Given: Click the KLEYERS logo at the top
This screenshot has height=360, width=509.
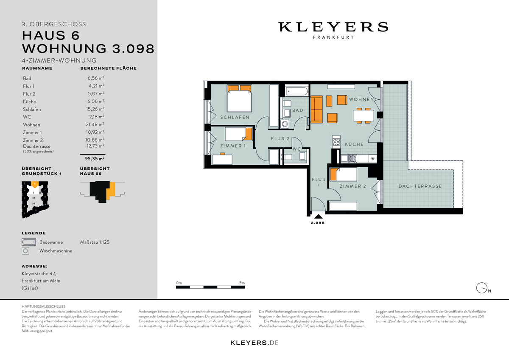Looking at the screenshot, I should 333,27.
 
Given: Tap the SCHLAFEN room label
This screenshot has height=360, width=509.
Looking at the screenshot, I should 235,117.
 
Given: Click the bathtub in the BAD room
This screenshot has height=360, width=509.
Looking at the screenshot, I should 296,90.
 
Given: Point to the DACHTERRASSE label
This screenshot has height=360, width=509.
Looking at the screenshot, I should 420,186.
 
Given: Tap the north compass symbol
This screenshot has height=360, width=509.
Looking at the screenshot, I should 482,288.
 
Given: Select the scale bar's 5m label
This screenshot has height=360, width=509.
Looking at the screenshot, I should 242,283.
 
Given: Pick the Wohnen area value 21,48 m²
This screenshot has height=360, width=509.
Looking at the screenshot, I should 95,125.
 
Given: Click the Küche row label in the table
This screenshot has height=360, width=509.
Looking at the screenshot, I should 29,101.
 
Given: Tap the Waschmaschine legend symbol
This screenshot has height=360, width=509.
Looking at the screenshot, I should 26,251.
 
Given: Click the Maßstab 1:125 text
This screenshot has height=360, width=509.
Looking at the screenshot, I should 95,242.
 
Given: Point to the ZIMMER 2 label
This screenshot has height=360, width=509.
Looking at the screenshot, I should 352,186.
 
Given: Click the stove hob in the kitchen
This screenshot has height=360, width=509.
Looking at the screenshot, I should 336,142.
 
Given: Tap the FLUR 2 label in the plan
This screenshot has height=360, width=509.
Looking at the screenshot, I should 280,139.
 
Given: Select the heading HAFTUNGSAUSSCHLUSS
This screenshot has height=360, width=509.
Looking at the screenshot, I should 43,306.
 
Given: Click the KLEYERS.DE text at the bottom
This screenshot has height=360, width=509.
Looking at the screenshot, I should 254,343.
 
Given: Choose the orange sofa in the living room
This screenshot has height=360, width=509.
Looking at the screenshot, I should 317,109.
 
